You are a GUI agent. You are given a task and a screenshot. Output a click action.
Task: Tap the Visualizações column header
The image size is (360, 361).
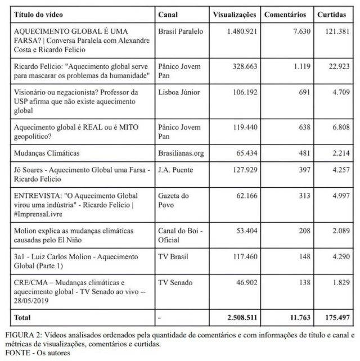click(235, 14)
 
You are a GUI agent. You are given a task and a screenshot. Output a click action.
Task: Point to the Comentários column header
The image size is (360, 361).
click(285, 14)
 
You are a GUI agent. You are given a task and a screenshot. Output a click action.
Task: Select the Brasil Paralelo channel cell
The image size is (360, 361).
click(181, 31)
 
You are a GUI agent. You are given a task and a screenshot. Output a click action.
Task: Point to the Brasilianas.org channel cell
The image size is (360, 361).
click(182, 152)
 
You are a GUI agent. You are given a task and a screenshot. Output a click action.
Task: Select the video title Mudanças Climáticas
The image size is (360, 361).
click(48, 152)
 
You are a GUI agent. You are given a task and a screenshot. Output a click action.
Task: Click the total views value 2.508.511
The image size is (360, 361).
click(239, 318)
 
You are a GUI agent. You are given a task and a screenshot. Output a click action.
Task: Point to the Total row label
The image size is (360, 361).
click(23, 318)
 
